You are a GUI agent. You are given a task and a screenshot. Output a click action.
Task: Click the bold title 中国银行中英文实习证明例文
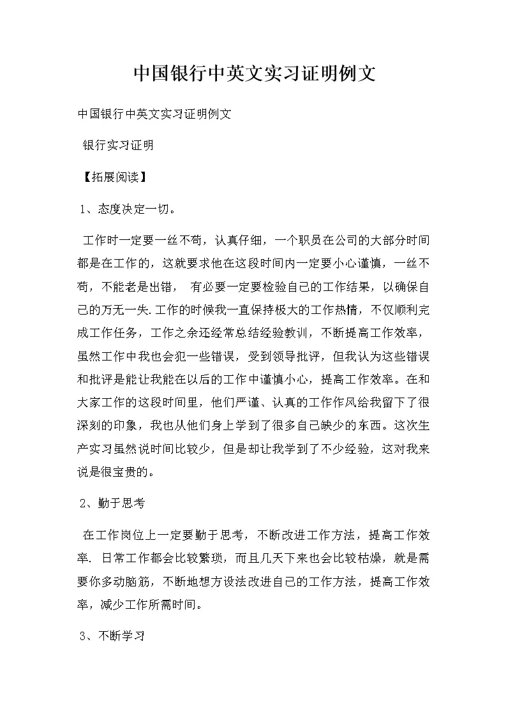(x=253, y=73)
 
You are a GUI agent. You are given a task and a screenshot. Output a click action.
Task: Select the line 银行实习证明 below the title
(x=118, y=145)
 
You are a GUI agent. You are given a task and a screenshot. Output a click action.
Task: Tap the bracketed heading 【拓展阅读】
(x=112, y=177)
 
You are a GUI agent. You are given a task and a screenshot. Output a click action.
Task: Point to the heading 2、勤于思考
(x=112, y=504)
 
